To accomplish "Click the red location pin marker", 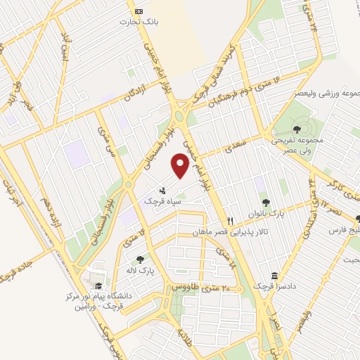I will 181,166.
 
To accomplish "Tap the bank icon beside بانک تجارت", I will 138,12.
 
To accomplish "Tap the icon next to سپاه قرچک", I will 162,190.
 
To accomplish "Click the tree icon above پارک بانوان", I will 265,202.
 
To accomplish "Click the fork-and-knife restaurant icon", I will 229,220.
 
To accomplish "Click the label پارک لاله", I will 141,270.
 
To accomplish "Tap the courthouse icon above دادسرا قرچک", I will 274,276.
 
